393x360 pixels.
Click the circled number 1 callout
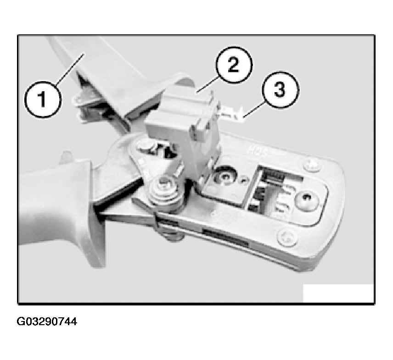tap(43, 99)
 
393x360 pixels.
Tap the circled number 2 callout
tap(234, 65)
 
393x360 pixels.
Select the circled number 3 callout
tap(280, 89)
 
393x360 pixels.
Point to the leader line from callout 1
tap(69, 69)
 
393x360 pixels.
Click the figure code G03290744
tap(47, 321)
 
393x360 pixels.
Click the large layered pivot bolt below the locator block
tap(165, 190)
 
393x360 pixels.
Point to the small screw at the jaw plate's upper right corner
tap(312, 166)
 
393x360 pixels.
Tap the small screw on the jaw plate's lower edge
tap(287, 237)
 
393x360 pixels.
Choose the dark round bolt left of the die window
tap(226, 177)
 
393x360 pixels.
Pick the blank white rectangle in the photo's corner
tap(338, 293)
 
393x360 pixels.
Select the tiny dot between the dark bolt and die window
tap(242, 179)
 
